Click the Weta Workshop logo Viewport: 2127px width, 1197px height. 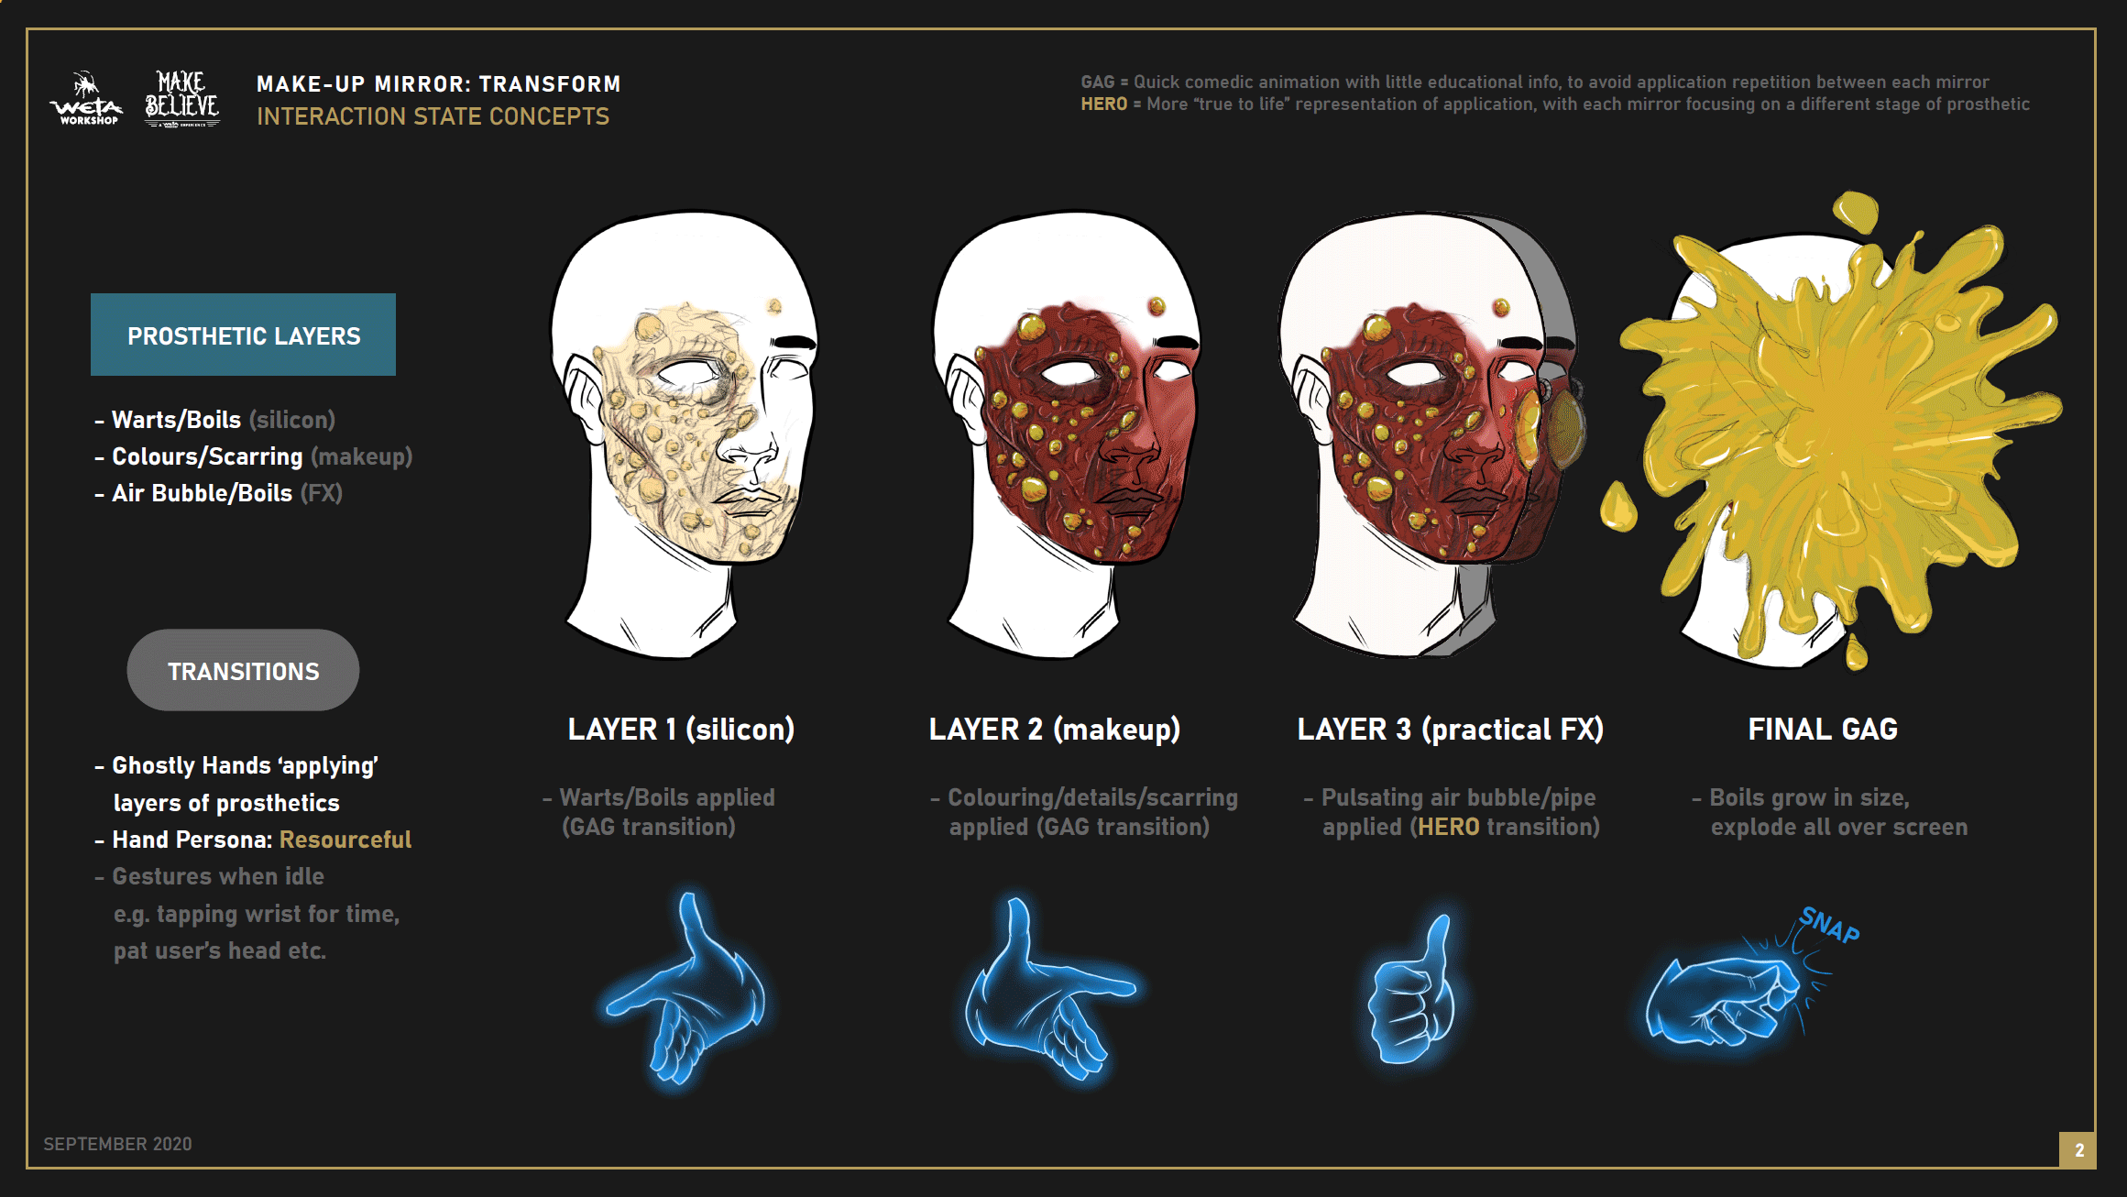[85, 99]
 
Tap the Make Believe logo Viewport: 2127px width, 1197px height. [182, 99]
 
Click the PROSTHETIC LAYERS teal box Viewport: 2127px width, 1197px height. [243, 335]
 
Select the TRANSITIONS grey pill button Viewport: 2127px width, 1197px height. [243, 670]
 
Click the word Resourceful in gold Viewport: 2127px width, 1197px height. [345, 840]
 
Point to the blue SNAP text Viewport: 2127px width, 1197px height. [1829, 925]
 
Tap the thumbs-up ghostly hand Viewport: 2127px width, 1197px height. [1409, 994]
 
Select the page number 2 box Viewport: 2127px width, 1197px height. [2078, 1150]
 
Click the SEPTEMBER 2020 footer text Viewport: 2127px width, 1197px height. [117, 1144]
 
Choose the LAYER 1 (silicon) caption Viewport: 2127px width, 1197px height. [681, 730]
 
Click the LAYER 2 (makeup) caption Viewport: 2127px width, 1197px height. [1054, 730]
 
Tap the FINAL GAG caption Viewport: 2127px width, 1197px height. [1822, 730]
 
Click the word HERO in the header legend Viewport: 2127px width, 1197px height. [1103, 104]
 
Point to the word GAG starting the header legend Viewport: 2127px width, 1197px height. [1097, 82]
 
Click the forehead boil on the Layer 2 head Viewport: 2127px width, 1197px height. [1157, 305]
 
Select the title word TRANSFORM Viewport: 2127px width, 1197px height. [550, 84]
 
